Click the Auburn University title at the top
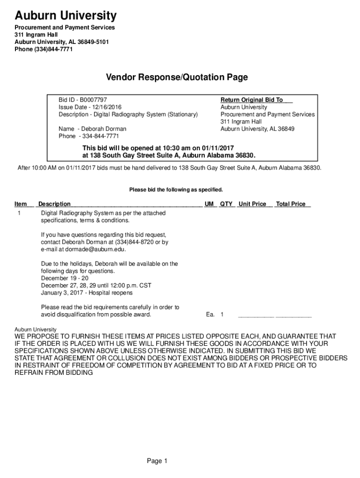[x=65, y=16]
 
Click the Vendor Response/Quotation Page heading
[x=176, y=77]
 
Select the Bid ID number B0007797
[x=93, y=100]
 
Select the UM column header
[x=209, y=204]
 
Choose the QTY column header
[x=227, y=204]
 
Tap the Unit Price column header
[x=252, y=204]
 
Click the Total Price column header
[x=291, y=204]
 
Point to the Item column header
[x=21, y=204]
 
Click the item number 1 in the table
[x=19, y=213]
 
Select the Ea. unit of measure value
[x=210, y=315]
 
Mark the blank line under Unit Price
[x=256, y=316]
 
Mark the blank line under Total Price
[x=294, y=316]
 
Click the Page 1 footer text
[x=157, y=461]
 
